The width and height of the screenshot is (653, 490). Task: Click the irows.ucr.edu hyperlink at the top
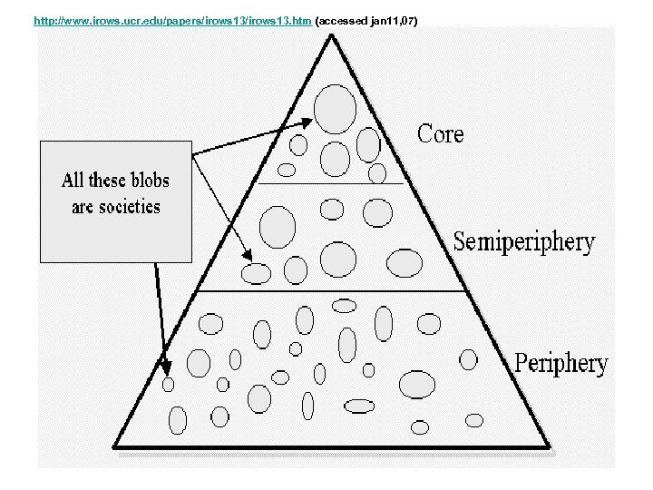[x=172, y=20]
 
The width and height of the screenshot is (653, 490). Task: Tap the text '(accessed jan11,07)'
[x=365, y=20]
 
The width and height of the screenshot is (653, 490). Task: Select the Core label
[x=440, y=134]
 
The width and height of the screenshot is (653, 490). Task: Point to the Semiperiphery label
[x=523, y=242]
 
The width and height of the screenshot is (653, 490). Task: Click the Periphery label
[x=560, y=364]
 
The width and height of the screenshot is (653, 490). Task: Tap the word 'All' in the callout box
[x=73, y=180]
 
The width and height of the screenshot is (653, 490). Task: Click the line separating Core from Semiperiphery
[x=330, y=184]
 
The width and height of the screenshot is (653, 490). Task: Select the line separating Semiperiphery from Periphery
[x=330, y=291]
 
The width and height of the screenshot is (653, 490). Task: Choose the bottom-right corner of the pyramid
[x=550, y=447]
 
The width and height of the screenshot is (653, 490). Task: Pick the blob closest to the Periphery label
[x=469, y=358]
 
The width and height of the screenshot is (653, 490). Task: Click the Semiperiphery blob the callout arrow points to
[x=257, y=272]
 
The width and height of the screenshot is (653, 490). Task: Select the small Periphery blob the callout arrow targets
[x=168, y=385]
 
